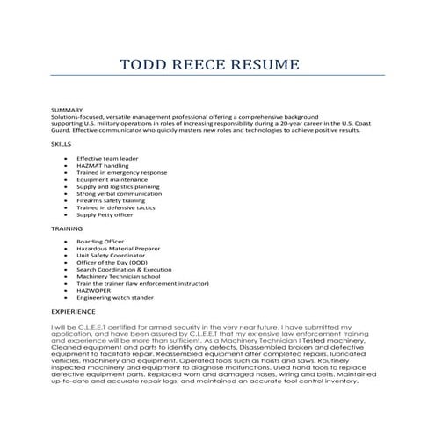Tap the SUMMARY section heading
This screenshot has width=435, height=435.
pyautogui.click(x=67, y=110)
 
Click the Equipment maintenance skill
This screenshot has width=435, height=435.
pyautogui.click(x=111, y=178)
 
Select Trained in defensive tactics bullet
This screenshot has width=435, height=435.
pyautogui.click(x=115, y=207)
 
